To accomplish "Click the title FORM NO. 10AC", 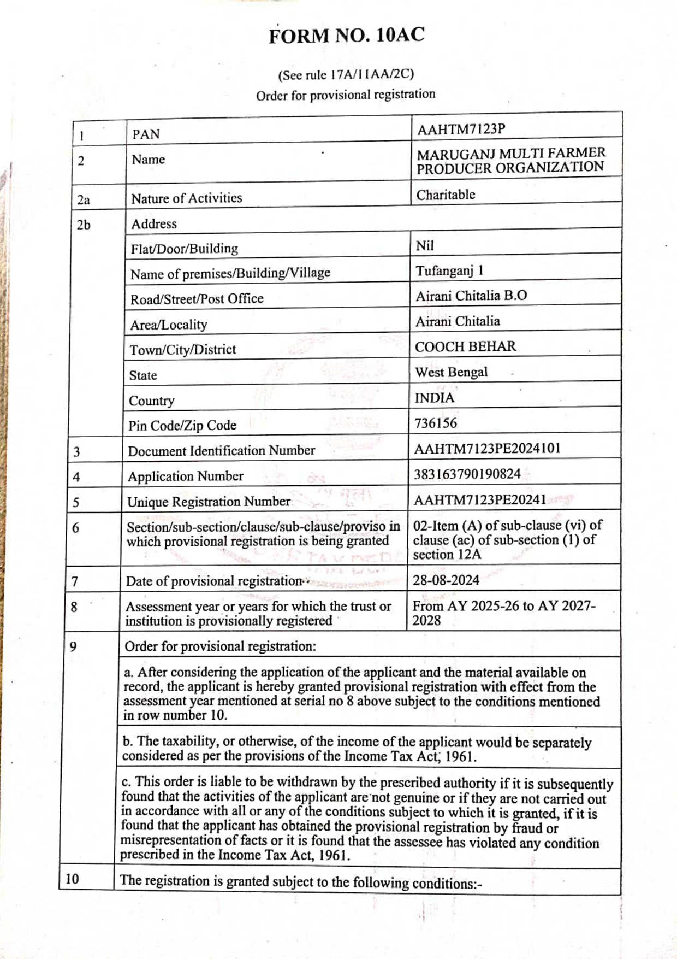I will (x=346, y=36).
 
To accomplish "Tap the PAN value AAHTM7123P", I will (x=461, y=130).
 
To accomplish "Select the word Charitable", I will (x=446, y=195).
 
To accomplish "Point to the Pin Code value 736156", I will (x=435, y=423).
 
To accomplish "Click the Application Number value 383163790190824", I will (x=467, y=474).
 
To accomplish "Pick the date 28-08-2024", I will (x=446, y=580).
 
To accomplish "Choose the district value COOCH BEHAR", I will (x=465, y=346).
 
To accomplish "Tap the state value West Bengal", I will (x=451, y=372).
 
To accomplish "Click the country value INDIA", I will (x=434, y=398).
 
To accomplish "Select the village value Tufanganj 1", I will (x=449, y=271).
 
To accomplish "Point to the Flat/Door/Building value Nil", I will (x=425, y=246).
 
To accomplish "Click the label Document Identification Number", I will (x=221, y=451).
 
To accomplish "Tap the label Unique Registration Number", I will (x=209, y=502).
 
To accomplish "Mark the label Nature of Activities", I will (x=186, y=198).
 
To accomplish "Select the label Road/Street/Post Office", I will (x=197, y=299).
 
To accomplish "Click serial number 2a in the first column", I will (x=83, y=200).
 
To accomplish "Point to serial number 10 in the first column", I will (x=72, y=879).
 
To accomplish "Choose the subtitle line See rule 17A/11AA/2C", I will (x=346, y=74).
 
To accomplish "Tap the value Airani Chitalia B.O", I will (x=471, y=296).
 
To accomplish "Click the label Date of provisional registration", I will (x=214, y=581).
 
